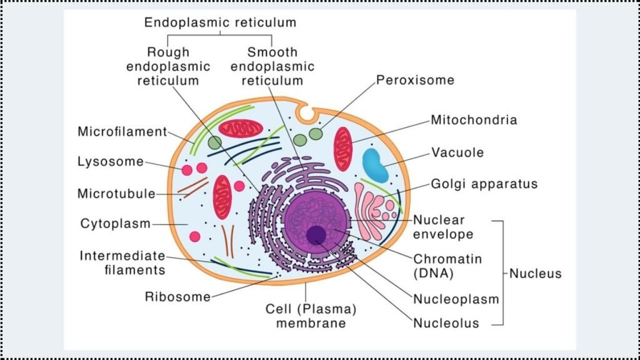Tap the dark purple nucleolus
point(316,235)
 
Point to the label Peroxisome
point(415,81)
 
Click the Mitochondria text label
point(474,120)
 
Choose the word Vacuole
point(457,152)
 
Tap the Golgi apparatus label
point(484,184)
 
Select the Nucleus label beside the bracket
point(535,273)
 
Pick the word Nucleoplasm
point(456,299)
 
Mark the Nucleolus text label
point(446,323)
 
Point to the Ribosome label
point(177,296)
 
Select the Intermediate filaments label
point(122,262)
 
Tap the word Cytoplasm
point(116,223)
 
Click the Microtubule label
point(116,193)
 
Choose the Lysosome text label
point(110,162)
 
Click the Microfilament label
point(122,132)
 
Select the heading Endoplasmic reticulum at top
point(220,23)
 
